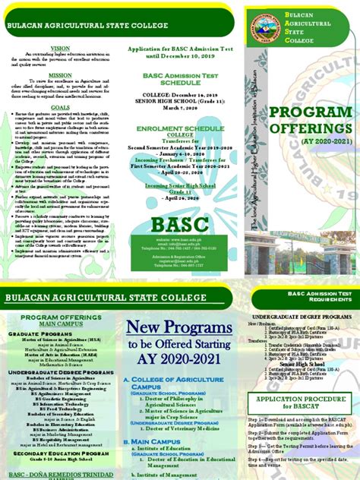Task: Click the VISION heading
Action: pos(59,47)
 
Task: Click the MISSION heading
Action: pos(59,75)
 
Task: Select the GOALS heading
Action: pos(59,108)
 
